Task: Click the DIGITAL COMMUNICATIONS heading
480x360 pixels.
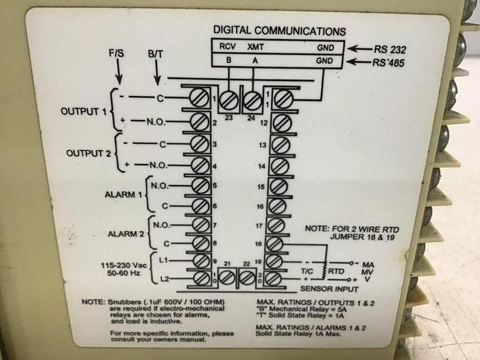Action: coord(279,31)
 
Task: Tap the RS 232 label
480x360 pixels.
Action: coord(391,49)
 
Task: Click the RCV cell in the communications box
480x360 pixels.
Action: coord(227,48)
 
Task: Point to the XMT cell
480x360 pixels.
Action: coord(255,48)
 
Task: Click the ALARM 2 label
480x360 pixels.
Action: coord(123,234)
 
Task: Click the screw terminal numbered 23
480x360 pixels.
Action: coord(228,100)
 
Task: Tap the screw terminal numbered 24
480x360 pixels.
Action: coord(253,100)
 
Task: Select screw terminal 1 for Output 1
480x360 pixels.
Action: coord(200,99)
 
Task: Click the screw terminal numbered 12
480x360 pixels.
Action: coord(281,123)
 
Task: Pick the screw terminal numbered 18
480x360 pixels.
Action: coord(280,243)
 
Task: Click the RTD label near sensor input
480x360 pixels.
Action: coord(336,271)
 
